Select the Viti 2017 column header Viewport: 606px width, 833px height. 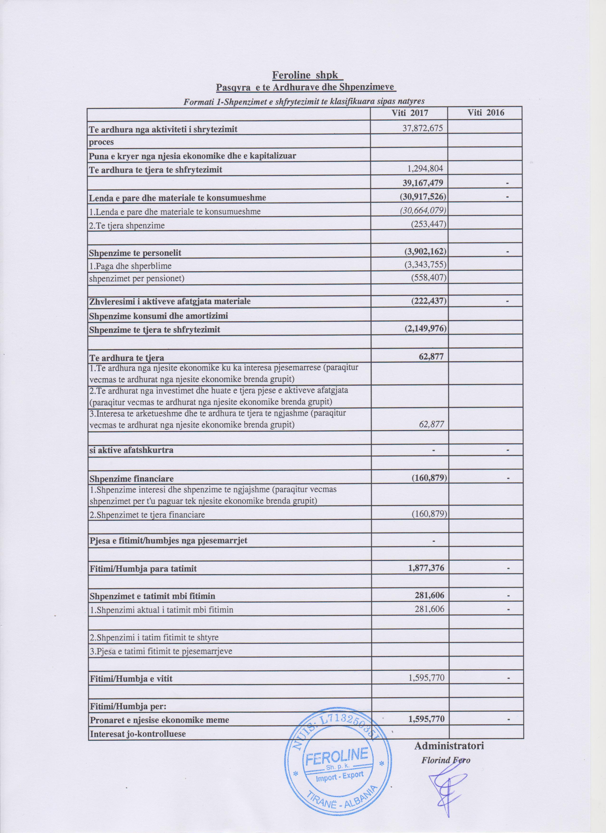pyautogui.click(x=410, y=113)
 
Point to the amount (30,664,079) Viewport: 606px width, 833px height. pyautogui.click(x=423, y=211)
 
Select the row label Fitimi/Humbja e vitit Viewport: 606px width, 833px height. pyautogui.click(x=131, y=679)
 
